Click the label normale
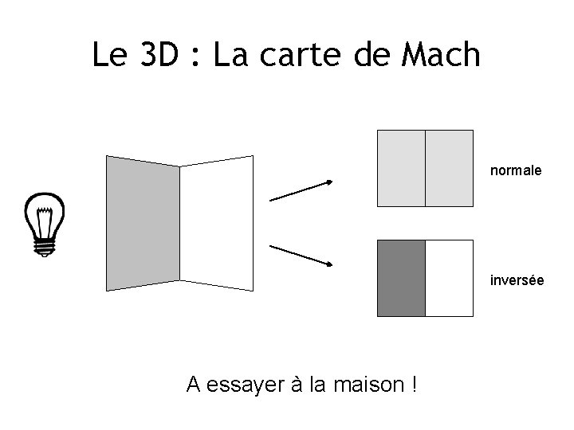click(x=516, y=170)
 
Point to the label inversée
click(x=517, y=280)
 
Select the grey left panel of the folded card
click(x=143, y=223)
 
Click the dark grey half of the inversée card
click(x=401, y=279)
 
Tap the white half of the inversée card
click(x=449, y=279)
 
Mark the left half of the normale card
click(x=401, y=168)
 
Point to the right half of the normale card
click(x=449, y=168)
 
